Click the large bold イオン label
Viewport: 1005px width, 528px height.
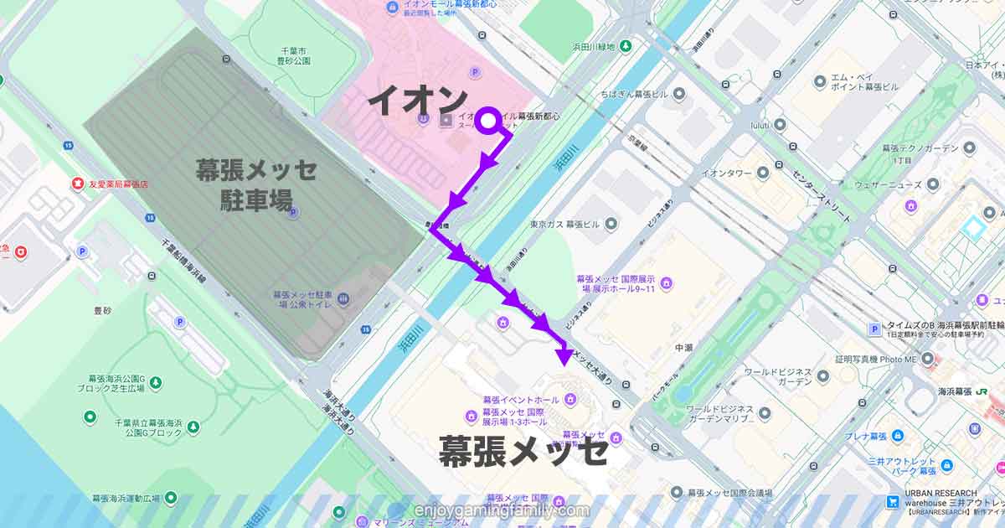click(416, 101)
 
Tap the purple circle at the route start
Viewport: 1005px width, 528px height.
click(488, 122)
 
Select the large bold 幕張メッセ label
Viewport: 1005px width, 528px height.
click(523, 452)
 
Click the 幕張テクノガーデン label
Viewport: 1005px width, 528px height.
click(919, 148)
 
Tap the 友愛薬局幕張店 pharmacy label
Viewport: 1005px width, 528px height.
click(118, 184)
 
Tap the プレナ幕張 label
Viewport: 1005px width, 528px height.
click(865, 437)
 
